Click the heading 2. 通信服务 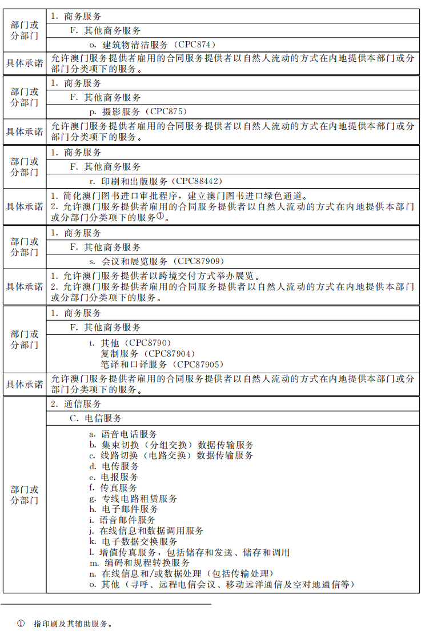click(77, 404)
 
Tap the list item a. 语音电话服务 click(123, 434)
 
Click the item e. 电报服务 click(113, 477)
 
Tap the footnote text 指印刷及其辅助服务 click(73, 624)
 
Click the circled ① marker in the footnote click(21, 624)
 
